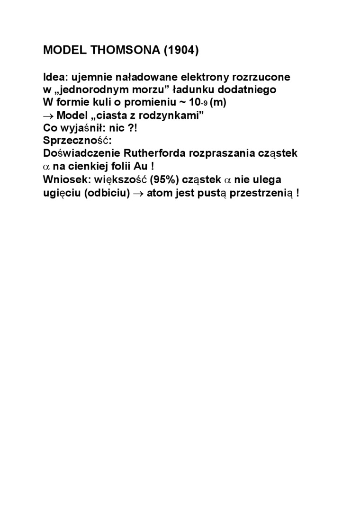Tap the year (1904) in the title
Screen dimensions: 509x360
pos(180,51)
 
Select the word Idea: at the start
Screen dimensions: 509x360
pos(55,77)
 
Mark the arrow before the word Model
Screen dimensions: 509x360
pos(48,116)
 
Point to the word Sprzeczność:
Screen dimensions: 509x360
pos(77,141)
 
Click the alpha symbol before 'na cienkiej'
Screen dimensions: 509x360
pos(47,167)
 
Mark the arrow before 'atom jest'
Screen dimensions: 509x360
pos(138,193)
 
